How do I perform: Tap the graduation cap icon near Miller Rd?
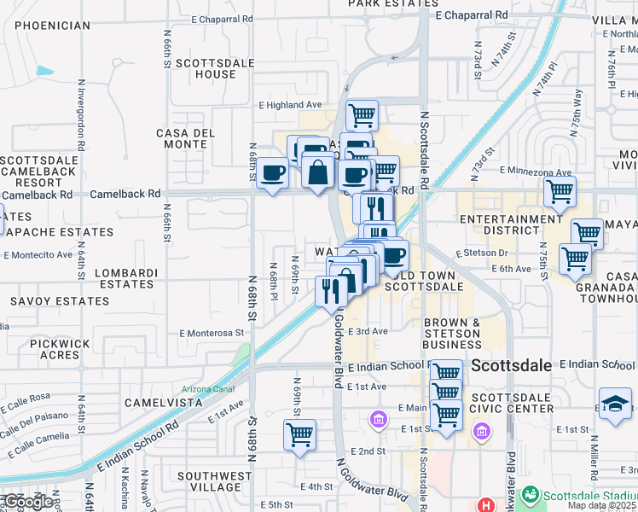[x=615, y=402]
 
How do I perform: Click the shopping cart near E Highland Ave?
[x=362, y=113]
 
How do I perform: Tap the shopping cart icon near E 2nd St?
[x=299, y=433]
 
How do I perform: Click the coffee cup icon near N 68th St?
[x=273, y=173]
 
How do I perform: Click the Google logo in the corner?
[x=28, y=501]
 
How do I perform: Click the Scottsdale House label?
[x=205, y=68]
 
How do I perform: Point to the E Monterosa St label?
[x=212, y=333]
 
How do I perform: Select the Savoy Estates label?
[x=60, y=301]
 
